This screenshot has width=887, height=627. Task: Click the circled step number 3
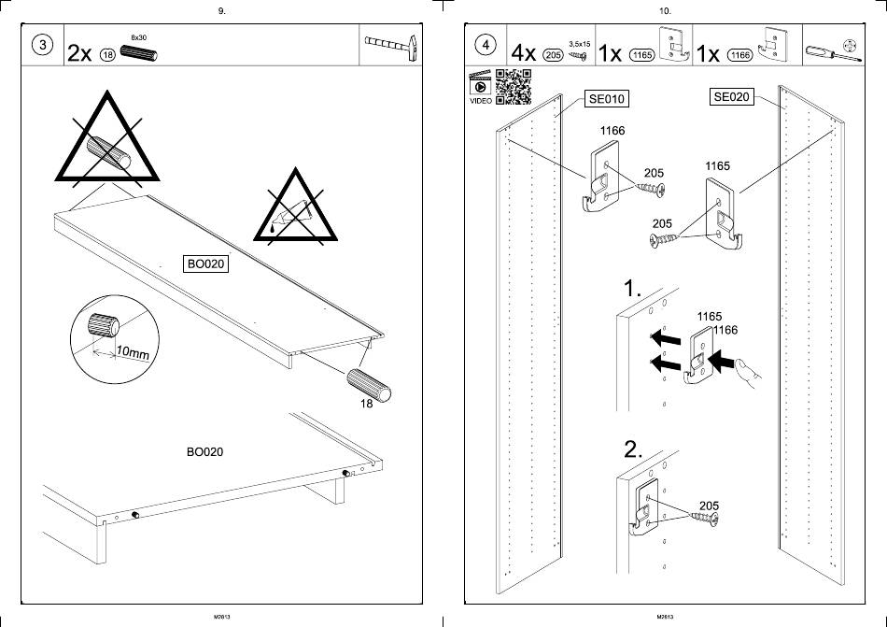(42, 48)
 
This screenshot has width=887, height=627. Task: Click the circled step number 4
(485, 46)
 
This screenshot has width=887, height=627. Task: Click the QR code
(514, 85)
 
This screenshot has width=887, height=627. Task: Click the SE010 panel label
(606, 99)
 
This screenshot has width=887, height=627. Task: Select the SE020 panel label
(732, 97)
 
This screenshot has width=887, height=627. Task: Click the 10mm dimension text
(133, 353)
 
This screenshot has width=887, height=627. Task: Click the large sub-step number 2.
(634, 449)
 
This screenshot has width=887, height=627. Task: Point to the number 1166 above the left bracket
(612, 132)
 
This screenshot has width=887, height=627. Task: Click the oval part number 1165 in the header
(642, 54)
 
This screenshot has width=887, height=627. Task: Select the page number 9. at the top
(220, 11)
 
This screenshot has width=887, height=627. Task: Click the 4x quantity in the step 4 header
(524, 52)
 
